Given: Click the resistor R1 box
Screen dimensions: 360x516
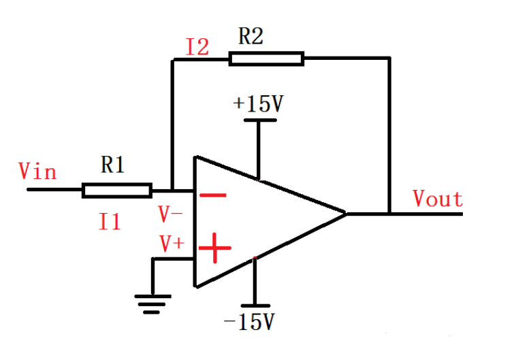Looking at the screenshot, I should pos(116,190).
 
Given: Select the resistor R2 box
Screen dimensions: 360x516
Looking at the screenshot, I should pos(266,59).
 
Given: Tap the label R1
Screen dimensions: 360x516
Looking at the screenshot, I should pos(112,165).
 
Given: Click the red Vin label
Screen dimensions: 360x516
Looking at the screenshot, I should pos(37,170).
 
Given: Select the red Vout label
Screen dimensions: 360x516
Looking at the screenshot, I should pos(438,199).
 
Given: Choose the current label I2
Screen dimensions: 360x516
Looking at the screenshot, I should pos(197,47).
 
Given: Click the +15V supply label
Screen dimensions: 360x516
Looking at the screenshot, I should pos(258,103).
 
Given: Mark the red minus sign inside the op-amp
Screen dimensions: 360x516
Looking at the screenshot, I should pos(213,195).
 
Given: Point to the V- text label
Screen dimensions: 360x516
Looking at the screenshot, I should pos(171,214).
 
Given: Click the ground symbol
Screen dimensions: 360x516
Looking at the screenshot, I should pos(152,304).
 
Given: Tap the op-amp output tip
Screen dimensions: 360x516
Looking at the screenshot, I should pos(346,214).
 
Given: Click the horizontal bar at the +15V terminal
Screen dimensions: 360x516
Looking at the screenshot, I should pos(259,120).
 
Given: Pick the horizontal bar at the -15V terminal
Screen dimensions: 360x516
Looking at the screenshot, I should pos(255,306).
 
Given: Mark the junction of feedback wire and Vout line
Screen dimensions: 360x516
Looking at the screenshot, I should pos(390,214).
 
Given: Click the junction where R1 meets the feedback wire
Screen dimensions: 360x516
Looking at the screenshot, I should pos(173,190).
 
